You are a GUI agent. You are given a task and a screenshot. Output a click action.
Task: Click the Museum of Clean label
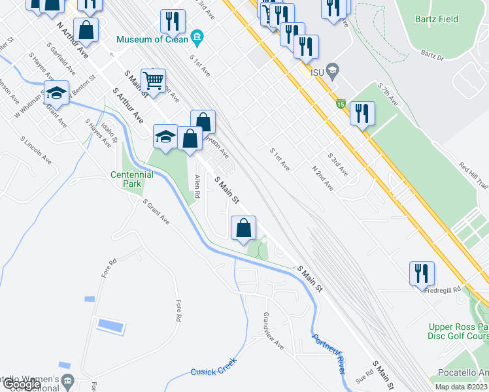[152, 39]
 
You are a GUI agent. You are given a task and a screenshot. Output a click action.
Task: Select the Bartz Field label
[436, 19]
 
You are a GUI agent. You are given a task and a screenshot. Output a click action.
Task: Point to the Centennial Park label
[131, 179]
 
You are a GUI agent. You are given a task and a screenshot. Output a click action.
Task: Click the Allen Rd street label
[196, 186]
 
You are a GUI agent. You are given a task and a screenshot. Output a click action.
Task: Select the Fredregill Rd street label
[445, 288]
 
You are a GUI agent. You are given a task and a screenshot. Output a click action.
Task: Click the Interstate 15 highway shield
[341, 103]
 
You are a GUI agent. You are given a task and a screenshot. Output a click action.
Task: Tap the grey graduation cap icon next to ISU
[333, 69]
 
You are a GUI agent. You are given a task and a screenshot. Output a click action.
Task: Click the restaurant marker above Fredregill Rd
[422, 272]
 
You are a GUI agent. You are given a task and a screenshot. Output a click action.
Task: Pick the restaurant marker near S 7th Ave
[361, 113]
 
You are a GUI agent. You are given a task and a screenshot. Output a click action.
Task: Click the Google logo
[22, 385]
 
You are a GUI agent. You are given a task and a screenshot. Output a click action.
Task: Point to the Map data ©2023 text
[462, 387]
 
